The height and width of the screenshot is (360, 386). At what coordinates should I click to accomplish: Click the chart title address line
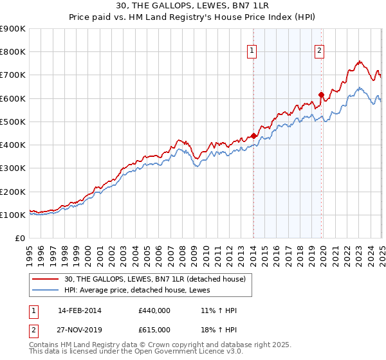pyautogui.click(x=193, y=6)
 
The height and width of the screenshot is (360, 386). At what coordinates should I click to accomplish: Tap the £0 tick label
pyautogui.click(x=21, y=239)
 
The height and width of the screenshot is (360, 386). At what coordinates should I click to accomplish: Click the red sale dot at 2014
pyautogui.click(x=253, y=136)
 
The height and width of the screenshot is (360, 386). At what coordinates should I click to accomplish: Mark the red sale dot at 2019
pyautogui.click(x=321, y=95)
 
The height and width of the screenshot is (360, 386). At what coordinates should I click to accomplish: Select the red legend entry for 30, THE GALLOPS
pyautogui.click(x=155, y=279)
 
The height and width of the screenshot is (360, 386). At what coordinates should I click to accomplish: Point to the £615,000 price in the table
pyautogui.click(x=154, y=330)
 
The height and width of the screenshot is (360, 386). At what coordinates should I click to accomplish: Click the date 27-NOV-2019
pyautogui.click(x=79, y=330)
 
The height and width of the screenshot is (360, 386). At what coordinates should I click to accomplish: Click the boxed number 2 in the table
pyautogui.click(x=33, y=330)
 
